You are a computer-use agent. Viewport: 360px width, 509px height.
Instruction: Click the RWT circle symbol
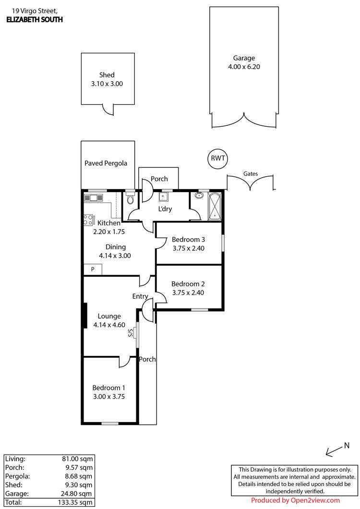click(x=218, y=158)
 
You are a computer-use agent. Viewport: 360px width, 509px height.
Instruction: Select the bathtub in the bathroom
click(x=214, y=206)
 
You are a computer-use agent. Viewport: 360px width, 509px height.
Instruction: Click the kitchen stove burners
click(x=88, y=220)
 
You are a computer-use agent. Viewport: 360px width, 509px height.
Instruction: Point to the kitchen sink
click(x=94, y=197)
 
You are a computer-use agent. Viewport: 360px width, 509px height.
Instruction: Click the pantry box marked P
click(x=93, y=269)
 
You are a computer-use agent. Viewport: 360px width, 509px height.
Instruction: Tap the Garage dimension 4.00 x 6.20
click(x=244, y=67)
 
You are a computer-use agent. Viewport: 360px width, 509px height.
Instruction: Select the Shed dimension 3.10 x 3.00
click(x=107, y=84)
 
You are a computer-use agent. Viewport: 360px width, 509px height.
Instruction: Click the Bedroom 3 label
click(x=188, y=240)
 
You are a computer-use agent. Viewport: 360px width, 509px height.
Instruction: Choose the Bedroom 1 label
click(x=109, y=388)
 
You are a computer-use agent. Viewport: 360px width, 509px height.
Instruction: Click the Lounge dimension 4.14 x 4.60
click(x=109, y=325)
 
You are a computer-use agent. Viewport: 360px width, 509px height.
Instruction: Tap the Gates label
click(x=251, y=174)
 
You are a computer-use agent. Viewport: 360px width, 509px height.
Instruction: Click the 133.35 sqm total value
click(x=75, y=502)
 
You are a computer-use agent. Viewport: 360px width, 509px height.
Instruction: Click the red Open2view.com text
click(x=315, y=500)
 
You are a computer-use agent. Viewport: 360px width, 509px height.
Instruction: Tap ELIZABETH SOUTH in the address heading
click(x=35, y=20)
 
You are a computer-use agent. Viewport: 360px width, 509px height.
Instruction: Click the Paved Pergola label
click(x=106, y=163)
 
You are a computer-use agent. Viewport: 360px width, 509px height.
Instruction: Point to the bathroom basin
click(x=199, y=195)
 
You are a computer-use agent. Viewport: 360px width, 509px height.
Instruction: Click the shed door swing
click(x=108, y=109)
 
